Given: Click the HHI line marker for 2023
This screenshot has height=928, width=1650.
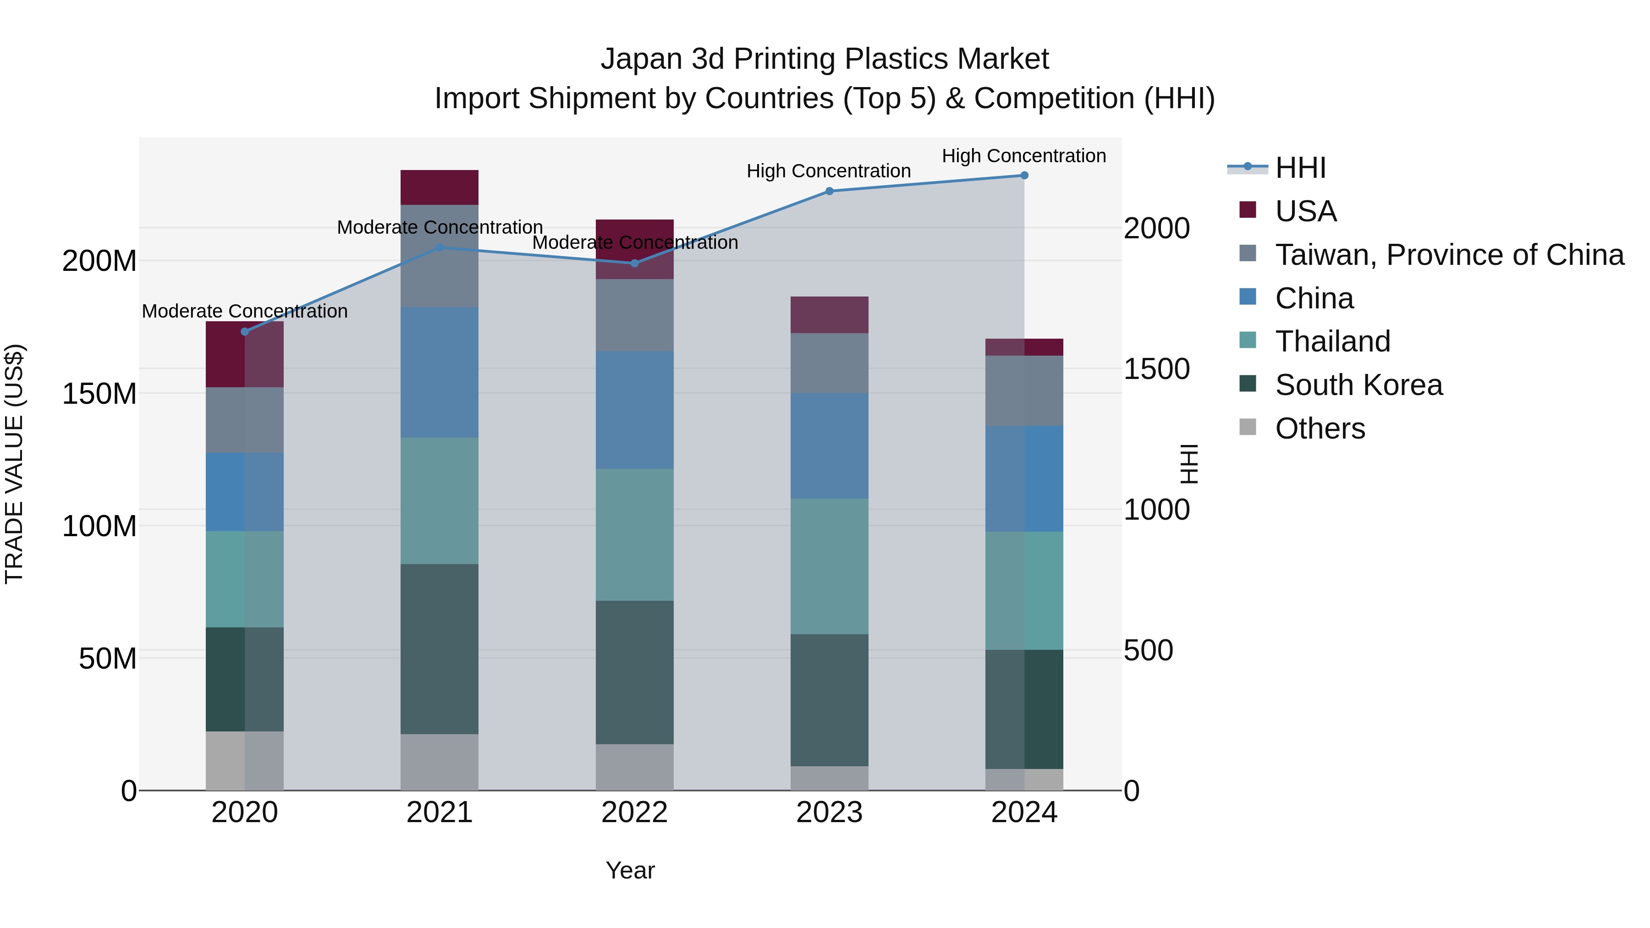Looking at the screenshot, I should (830, 191).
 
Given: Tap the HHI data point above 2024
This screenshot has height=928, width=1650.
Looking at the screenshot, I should (1024, 176).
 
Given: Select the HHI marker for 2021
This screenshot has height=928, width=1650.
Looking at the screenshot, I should (440, 247).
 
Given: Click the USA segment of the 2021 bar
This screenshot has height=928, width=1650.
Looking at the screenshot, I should (440, 187).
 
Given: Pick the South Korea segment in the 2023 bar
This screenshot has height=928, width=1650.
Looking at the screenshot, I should (830, 700).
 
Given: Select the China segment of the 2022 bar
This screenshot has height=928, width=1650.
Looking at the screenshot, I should (635, 410).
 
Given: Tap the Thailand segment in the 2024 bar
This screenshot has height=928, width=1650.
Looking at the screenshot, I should (1024, 591).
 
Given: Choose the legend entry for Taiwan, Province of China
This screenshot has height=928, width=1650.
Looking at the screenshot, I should (1449, 255).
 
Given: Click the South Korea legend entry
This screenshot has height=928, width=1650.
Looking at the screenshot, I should (1358, 385).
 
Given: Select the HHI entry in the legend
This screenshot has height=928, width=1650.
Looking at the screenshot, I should (1300, 168).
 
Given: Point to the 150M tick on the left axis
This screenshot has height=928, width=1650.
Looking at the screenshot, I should (99, 394).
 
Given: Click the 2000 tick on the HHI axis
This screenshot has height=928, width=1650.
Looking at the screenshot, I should (1157, 229).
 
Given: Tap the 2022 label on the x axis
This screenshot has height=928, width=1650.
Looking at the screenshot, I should (635, 813).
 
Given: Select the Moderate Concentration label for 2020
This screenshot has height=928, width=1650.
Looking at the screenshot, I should (245, 311).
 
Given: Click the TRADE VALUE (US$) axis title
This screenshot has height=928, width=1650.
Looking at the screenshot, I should (14, 464).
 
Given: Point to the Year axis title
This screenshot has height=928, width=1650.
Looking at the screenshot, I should (630, 870).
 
